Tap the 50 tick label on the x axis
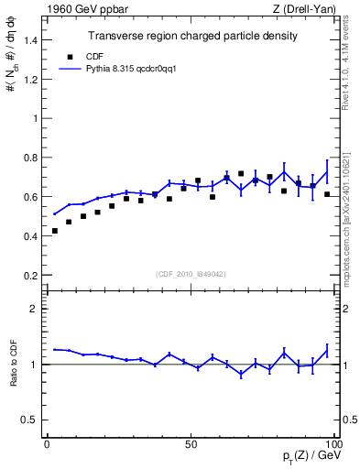pyautogui.click(x=191, y=443)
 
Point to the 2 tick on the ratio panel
pyautogui.click(x=35, y=309)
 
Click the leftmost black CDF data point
pyautogui.click(x=55, y=231)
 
